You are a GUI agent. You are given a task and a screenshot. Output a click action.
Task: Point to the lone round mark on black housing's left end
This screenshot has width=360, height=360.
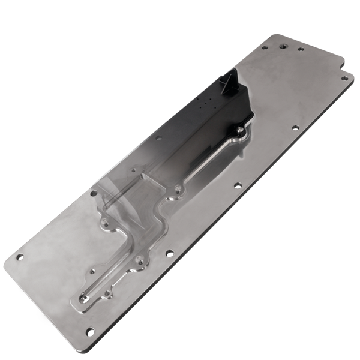pyautogui.click(x=159, y=137)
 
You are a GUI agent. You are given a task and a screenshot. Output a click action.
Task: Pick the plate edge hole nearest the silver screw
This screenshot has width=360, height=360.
pyautogui.click(x=295, y=128)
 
